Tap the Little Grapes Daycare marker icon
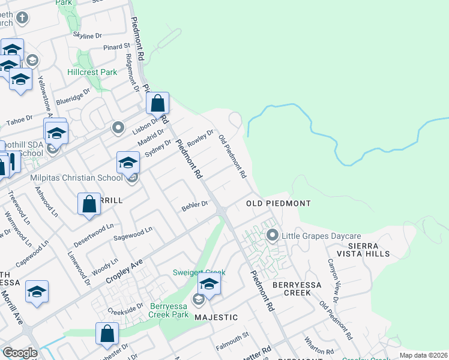273,235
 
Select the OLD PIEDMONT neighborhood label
279,203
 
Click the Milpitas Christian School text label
76,178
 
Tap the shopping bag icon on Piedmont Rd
157,104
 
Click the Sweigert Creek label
194,272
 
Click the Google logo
20,353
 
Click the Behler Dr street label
194,205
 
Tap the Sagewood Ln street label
133,232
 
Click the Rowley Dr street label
200,139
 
